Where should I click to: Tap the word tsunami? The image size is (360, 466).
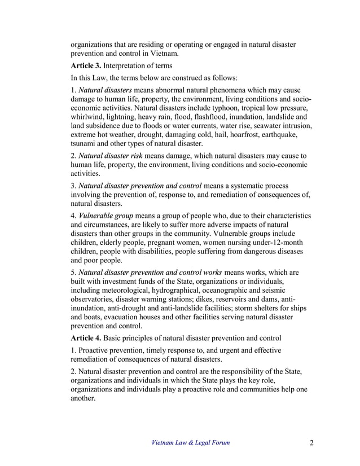(83, 143)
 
